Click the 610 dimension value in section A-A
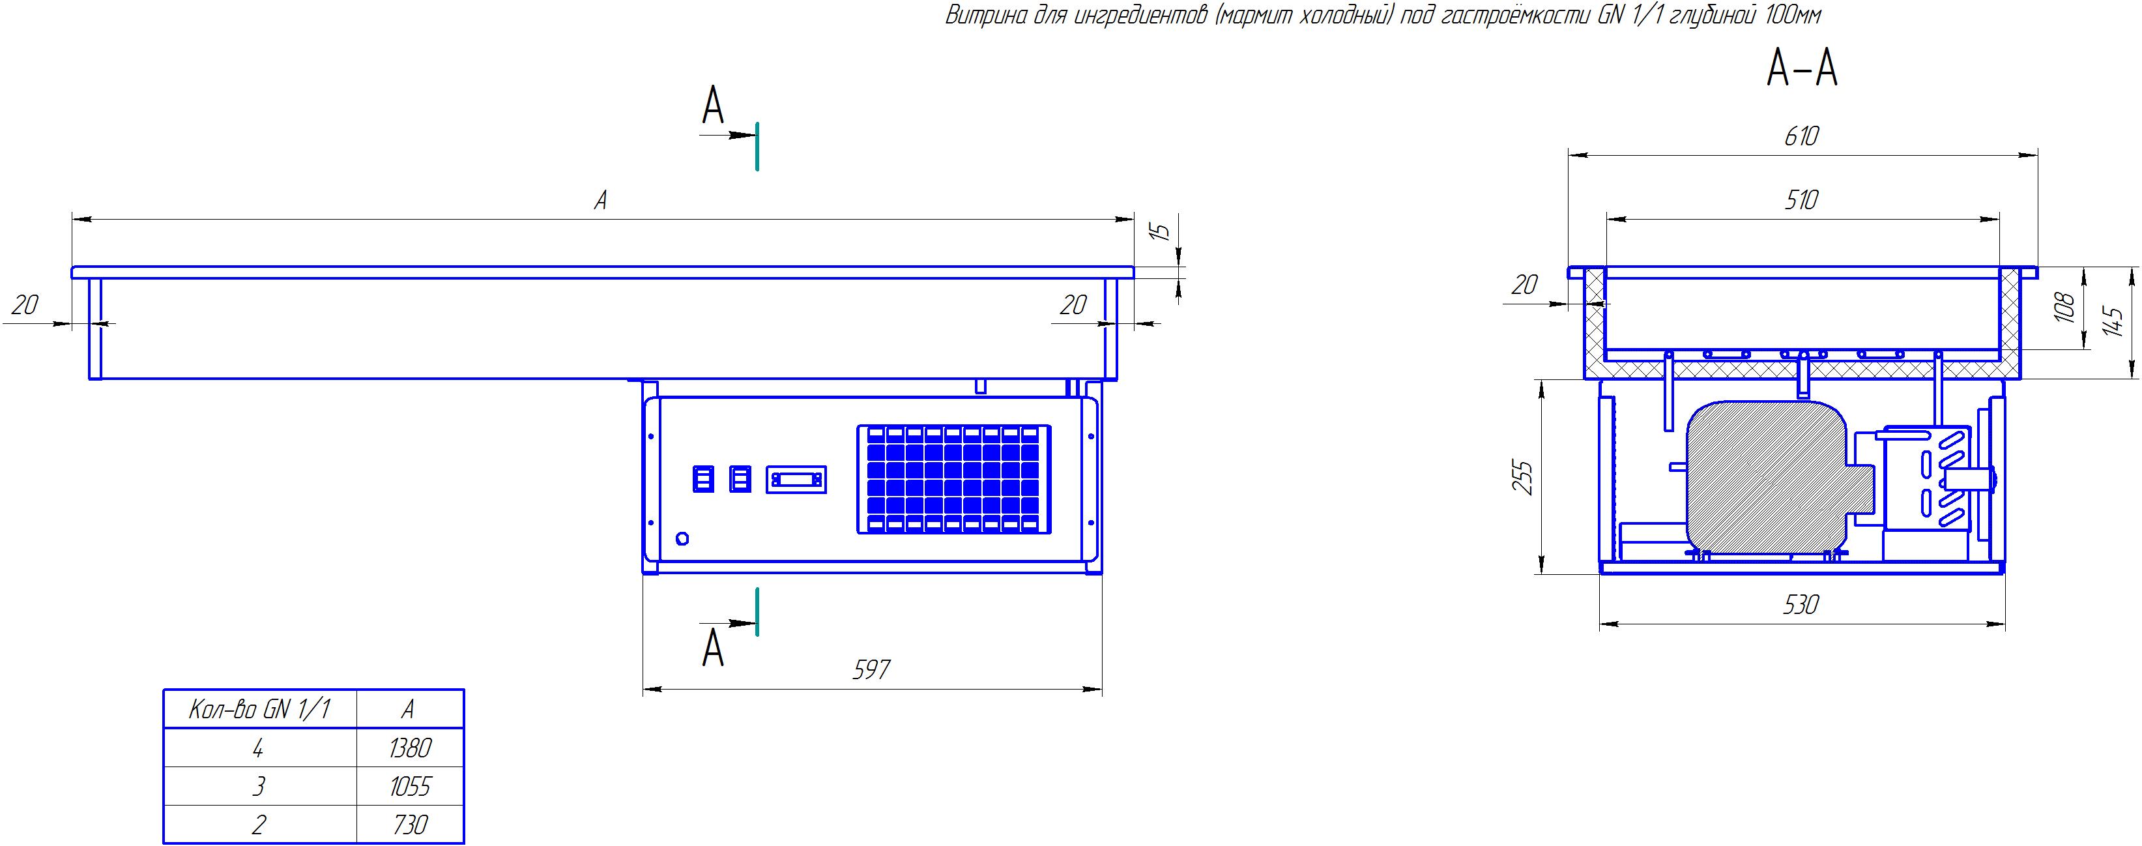click(x=1801, y=136)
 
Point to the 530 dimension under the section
click(x=1801, y=605)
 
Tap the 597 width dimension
click(x=871, y=669)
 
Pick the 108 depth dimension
click(x=2064, y=307)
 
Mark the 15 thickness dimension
click(x=1163, y=229)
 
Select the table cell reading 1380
click(x=410, y=748)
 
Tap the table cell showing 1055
click(x=410, y=786)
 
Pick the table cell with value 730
click(x=410, y=824)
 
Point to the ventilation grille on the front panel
click(x=954, y=479)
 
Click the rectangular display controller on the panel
click(x=796, y=480)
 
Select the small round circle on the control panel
click(x=683, y=538)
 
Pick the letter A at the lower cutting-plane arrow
click(x=713, y=649)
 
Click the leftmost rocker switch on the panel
click(x=704, y=479)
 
